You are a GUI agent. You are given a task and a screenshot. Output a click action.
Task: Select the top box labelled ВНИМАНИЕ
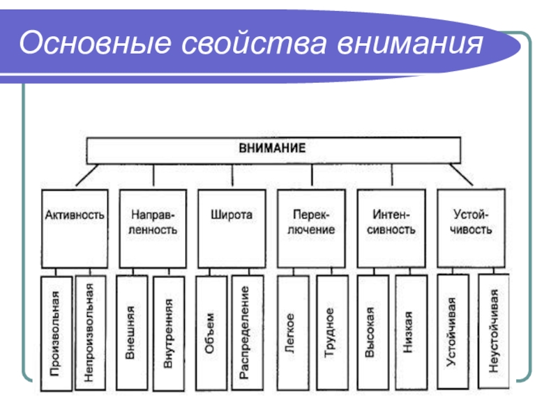(x=273, y=149)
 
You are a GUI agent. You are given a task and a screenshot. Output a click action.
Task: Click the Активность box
(x=75, y=227)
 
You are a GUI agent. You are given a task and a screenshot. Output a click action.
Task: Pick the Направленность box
(x=153, y=227)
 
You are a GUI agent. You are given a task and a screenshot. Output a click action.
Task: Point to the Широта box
(x=232, y=227)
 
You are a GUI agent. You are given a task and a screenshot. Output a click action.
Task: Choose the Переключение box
(x=311, y=227)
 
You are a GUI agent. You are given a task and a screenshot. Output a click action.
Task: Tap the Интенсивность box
(x=390, y=227)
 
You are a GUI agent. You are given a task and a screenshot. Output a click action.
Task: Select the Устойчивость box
(x=472, y=227)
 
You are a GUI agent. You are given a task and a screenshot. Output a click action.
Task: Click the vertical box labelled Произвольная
(x=55, y=332)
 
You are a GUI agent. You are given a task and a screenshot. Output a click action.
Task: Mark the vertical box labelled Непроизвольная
(x=90, y=332)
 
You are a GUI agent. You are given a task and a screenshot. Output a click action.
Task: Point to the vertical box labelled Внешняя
(x=132, y=332)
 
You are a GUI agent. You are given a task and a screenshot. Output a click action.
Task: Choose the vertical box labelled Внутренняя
(x=169, y=332)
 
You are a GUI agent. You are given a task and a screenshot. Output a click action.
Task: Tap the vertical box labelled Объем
(x=211, y=332)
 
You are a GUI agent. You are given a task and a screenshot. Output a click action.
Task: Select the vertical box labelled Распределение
(x=247, y=332)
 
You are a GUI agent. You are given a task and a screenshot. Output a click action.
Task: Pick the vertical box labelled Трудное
(x=331, y=332)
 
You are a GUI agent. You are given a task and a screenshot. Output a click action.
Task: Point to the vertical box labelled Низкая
(x=410, y=332)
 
